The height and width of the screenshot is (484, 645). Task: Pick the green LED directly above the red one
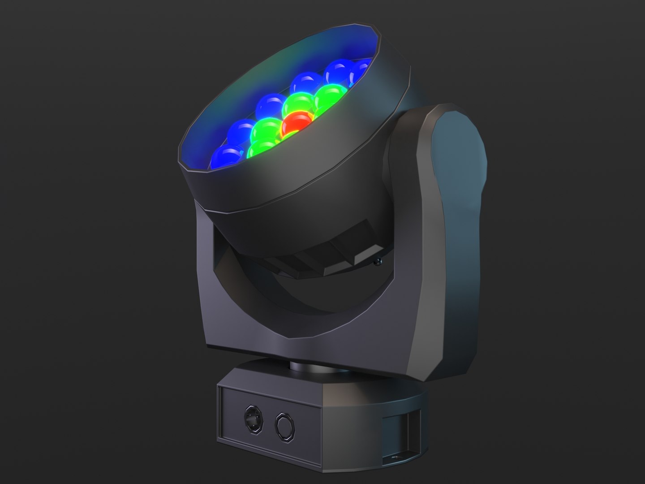click(x=299, y=104)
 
